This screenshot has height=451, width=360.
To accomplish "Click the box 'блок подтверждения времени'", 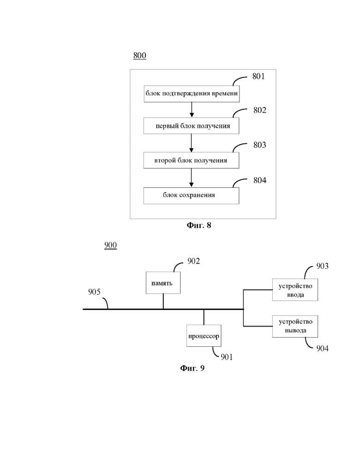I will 192,94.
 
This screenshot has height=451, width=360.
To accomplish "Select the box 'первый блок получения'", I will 192,126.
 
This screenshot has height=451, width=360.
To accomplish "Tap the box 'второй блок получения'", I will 192,160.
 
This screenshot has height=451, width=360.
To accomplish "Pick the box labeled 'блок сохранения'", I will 192,196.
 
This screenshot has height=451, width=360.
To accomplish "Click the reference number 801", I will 258,77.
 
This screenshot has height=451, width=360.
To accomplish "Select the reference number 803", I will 260,145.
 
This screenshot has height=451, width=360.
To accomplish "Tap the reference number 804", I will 260,180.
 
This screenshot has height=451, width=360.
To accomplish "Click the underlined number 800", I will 139,56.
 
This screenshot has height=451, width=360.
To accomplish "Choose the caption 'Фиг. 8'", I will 198,225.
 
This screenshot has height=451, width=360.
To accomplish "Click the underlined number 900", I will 110,245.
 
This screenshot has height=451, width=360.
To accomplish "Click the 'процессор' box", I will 204,336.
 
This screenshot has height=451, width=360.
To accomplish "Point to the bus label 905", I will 95,292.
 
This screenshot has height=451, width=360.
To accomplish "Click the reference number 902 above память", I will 193,261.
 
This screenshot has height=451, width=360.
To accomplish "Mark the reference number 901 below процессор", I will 227,356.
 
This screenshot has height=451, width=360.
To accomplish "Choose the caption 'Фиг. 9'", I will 192,368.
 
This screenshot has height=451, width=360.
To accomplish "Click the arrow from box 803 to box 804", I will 192,178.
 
